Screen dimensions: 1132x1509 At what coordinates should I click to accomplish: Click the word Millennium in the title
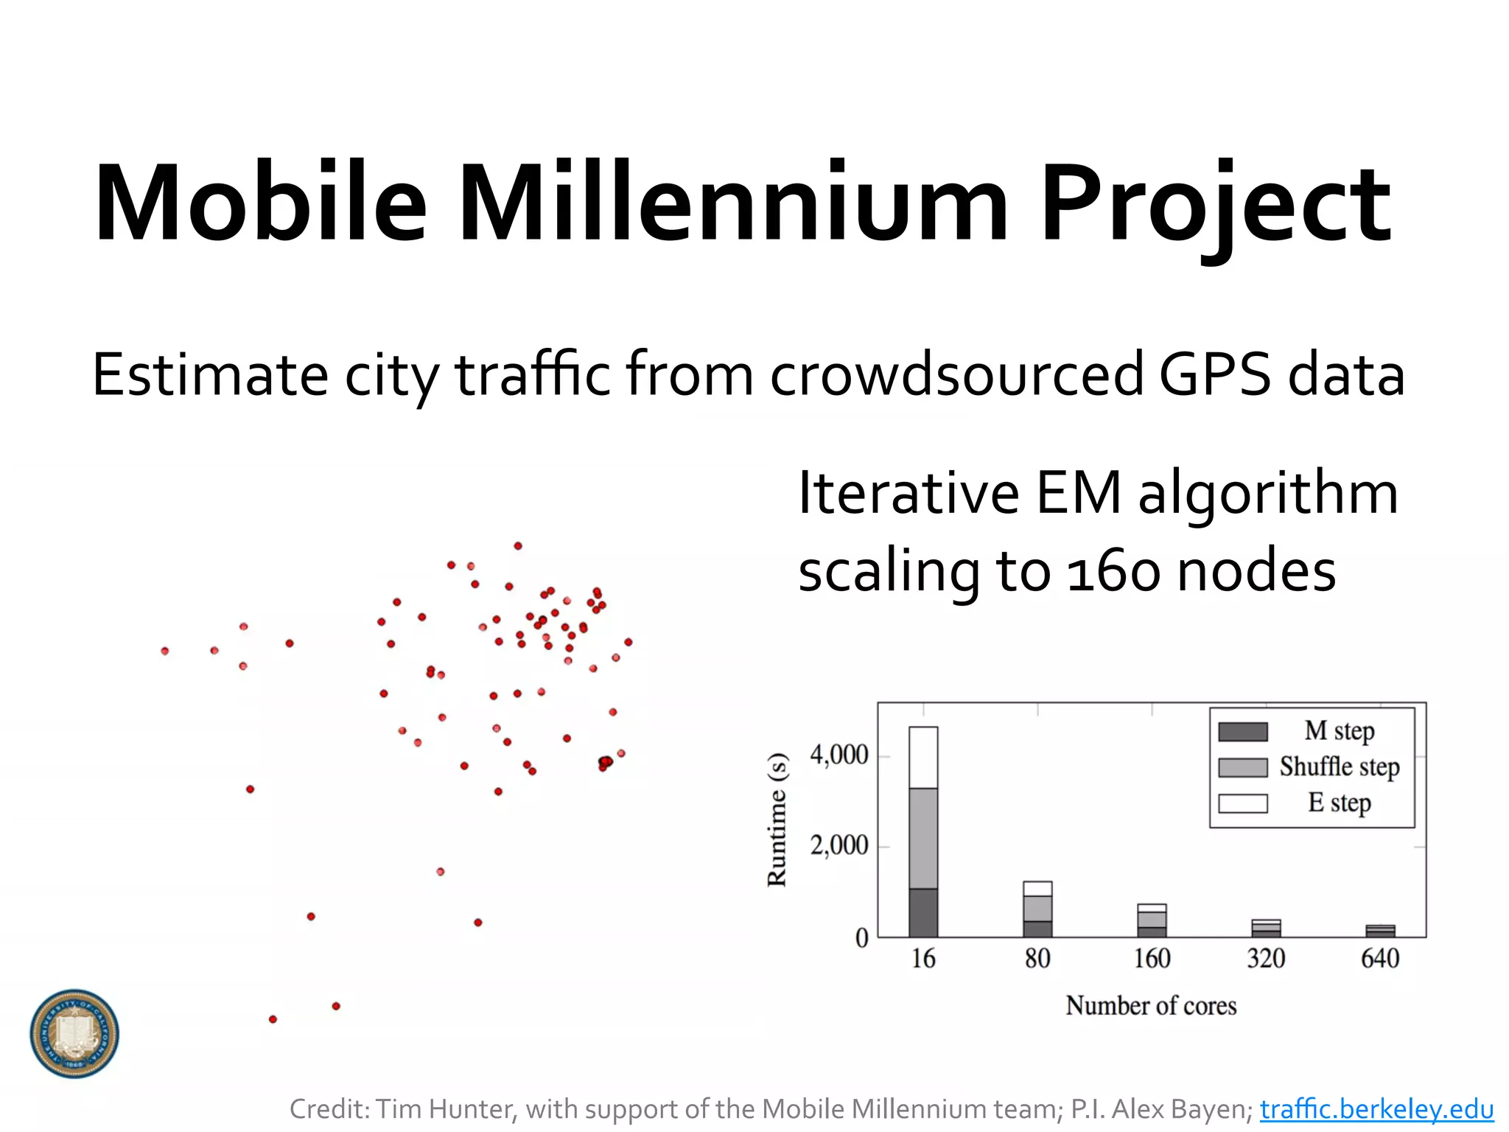(732, 203)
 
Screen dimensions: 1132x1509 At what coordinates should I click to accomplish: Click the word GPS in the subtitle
(1214, 374)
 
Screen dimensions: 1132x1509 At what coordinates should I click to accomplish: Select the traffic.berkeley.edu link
(1376, 1108)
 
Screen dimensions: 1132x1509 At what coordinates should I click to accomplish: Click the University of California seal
(74, 1033)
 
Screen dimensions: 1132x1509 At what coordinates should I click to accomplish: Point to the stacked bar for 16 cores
(923, 833)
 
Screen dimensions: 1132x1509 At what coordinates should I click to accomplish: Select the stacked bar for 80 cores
(1037, 909)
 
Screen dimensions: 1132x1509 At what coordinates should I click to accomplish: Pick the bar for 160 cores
(1152, 921)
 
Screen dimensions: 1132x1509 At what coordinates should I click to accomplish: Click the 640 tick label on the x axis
(1379, 958)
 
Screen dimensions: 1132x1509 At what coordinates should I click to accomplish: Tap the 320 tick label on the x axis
(1266, 958)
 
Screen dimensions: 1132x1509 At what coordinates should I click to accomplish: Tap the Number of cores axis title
(1151, 1006)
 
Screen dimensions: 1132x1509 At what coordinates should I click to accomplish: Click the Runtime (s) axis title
(777, 820)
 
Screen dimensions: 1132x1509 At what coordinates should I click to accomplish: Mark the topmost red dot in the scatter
(518, 546)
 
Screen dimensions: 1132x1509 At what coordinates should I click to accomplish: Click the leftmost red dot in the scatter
(165, 651)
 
